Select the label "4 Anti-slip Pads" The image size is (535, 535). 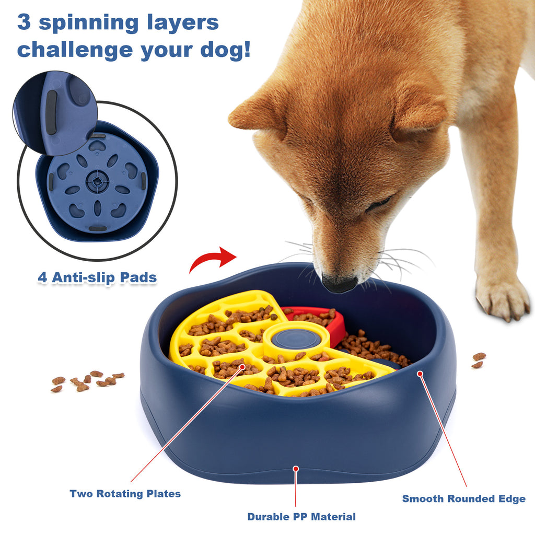[97, 277]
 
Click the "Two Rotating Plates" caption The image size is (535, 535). [125, 494]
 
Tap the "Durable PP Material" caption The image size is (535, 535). [301, 517]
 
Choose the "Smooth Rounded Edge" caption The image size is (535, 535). [463, 498]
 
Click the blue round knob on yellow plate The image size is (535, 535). [297, 339]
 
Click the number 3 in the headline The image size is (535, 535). [27, 22]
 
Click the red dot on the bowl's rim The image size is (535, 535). [419, 374]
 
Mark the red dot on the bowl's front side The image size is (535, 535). [296, 469]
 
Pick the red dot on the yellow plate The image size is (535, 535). [242, 367]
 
